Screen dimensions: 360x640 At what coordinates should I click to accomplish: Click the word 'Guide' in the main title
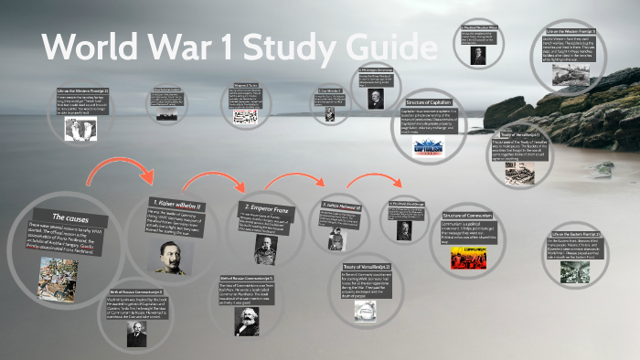tap(377, 46)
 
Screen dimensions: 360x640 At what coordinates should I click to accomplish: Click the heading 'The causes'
tap(69, 217)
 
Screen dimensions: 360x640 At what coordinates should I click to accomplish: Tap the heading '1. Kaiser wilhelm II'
tap(178, 202)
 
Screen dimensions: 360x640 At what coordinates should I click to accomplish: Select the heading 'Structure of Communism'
tap(466, 214)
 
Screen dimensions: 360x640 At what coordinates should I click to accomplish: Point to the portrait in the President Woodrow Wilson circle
tap(477, 53)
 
